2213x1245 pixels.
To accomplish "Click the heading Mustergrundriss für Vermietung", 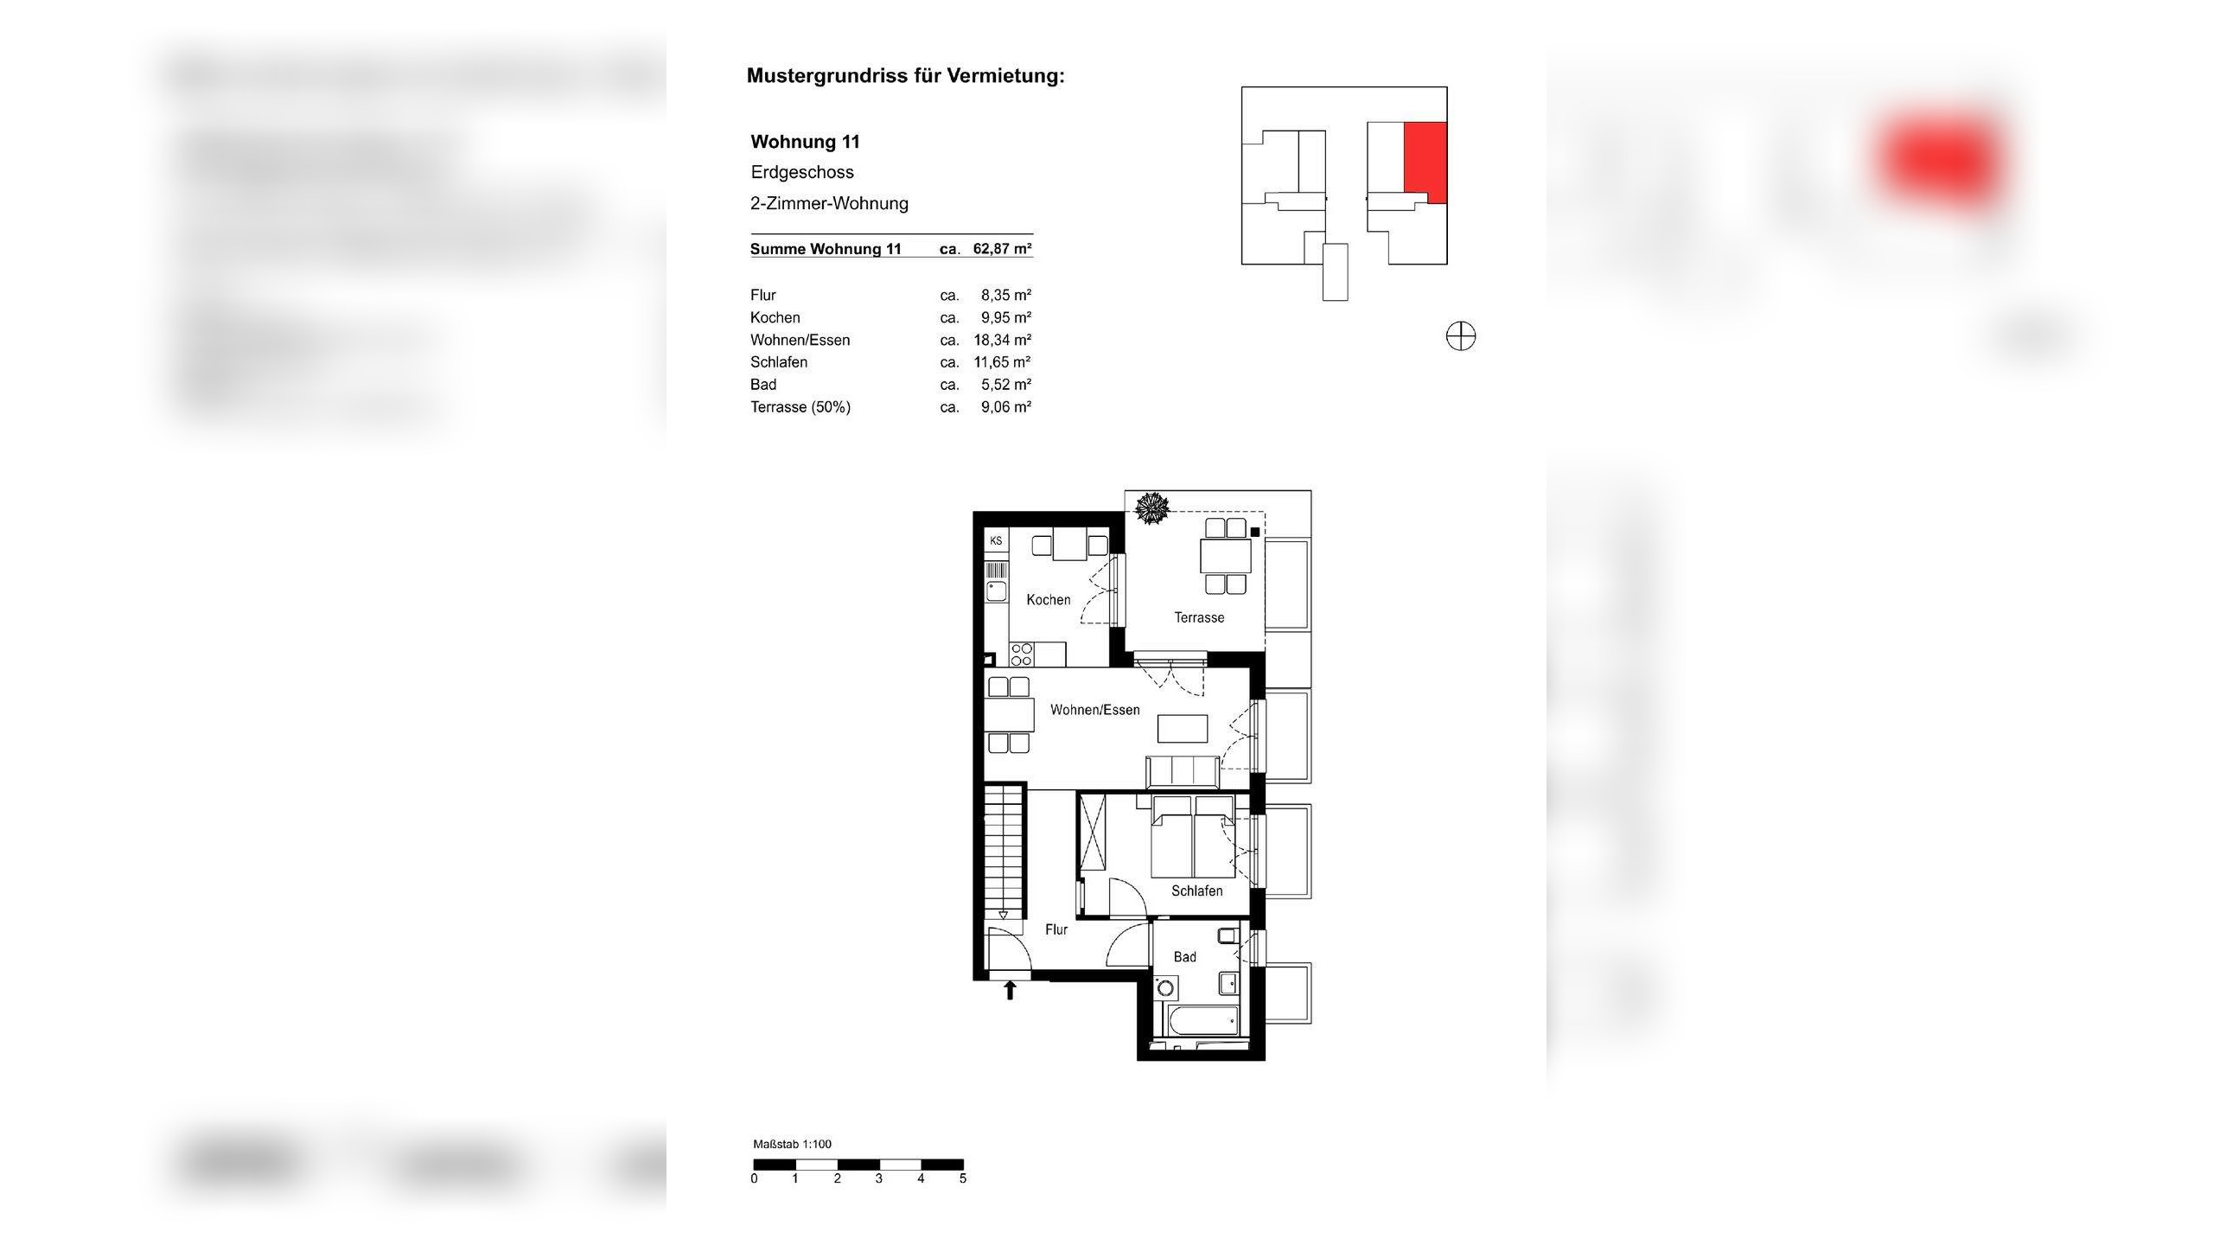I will coord(905,76).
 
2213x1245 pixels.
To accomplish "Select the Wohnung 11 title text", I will coord(805,142).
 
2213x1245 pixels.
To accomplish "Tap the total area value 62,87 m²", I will coord(1002,249).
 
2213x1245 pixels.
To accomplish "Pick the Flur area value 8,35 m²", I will coord(1005,295).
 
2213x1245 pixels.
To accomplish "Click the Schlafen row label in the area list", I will coord(779,362).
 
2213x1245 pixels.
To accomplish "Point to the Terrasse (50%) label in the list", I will coord(800,407).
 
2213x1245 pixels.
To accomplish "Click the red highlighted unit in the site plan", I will coord(1425,162).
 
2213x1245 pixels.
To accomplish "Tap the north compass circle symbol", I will coord(1461,336).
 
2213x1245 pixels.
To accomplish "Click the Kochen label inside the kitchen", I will coord(1048,600).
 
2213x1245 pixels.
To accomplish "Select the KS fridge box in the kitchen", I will coord(996,541).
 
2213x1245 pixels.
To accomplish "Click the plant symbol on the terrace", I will coord(1151,508).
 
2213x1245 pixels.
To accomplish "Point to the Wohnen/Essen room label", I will coord(1094,710).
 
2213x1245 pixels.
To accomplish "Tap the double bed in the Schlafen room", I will coord(1193,839).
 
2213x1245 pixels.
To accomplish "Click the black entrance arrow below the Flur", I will coord(1010,990).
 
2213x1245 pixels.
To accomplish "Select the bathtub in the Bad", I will coord(1202,1021).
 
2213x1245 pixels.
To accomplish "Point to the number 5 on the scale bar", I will coord(962,1178).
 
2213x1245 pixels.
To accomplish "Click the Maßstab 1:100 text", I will coord(792,1144).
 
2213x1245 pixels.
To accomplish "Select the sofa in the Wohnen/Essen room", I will coord(1182,769).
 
